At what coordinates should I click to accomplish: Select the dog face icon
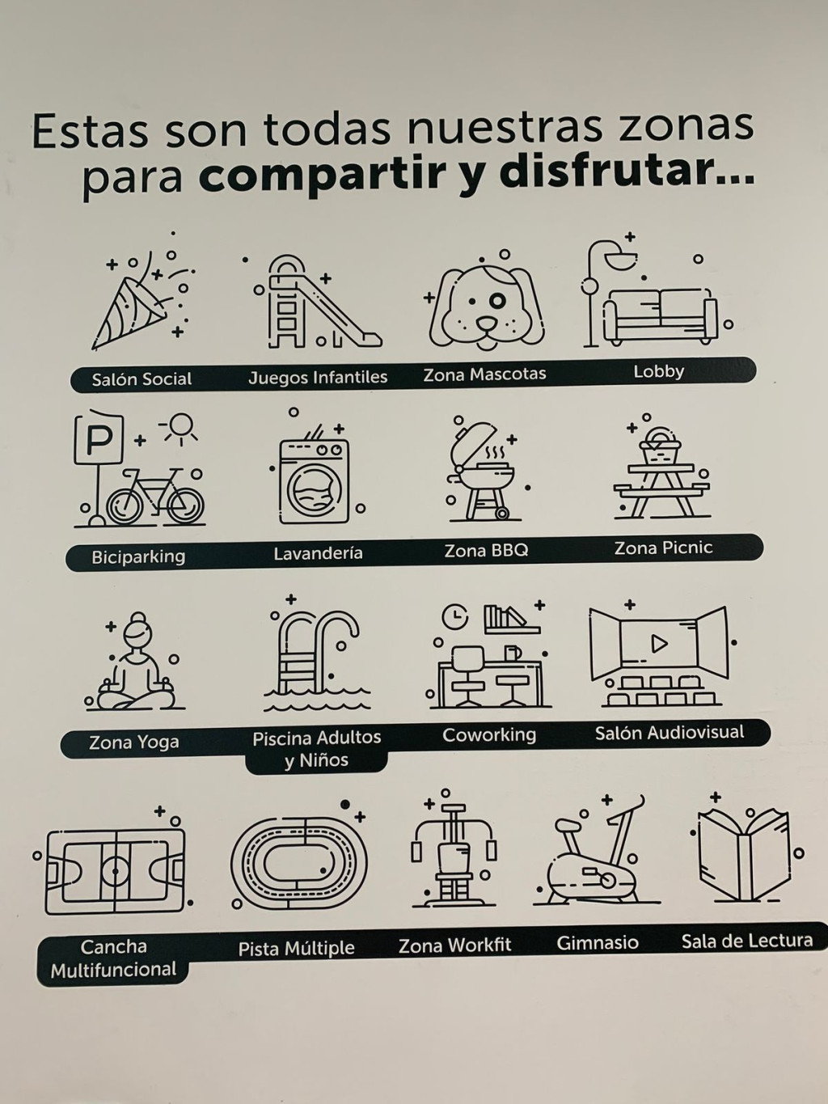tap(486, 307)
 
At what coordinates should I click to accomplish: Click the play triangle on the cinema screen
tap(659, 643)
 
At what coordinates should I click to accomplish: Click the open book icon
tap(745, 856)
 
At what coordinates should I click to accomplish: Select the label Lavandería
tap(319, 553)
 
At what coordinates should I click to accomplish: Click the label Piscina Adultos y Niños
tap(317, 748)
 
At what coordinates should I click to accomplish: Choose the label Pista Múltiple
tap(297, 949)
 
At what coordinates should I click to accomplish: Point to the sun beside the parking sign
tap(180, 428)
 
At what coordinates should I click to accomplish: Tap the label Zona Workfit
tap(455, 945)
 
